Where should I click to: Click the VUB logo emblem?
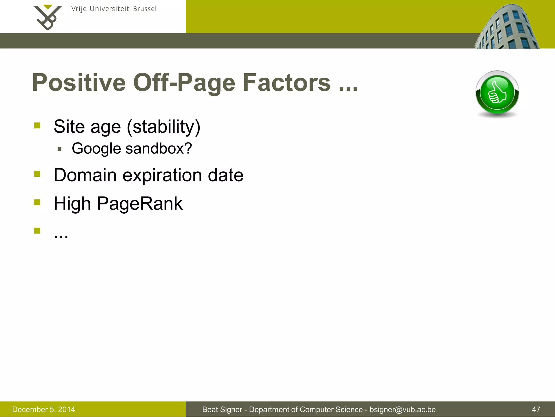pyautogui.click(x=47, y=17)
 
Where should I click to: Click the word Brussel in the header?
pyautogui.click(x=145, y=9)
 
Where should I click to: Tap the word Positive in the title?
pyautogui.click(x=79, y=83)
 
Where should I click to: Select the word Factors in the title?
pyautogui.click(x=286, y=83)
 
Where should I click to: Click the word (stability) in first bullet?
pyautogui.click(x=163, y=127)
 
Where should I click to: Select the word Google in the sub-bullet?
pyautogui.click(x=96, y=149)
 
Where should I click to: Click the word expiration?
pyautogui.click(x=162, y=175)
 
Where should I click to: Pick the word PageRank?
pyautogui.click(x=140, y=204)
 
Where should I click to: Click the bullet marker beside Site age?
pyautogui.click(x=37, y=125)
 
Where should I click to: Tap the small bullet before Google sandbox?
pyautogui.click(x=60, y=149)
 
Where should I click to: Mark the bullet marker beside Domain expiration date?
pyautogui.click(x=37, y=174)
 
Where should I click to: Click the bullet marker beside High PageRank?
pyautogui.click(x=37, y=202)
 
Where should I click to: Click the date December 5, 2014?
pyautogui.click(x=43, y=409)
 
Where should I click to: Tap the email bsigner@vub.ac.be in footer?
pyautogui.click(x=402, y=409)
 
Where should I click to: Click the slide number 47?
pyautogui.click(x=536, y=409)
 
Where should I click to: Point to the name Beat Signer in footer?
pyautogui.click(x=222, y=409)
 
